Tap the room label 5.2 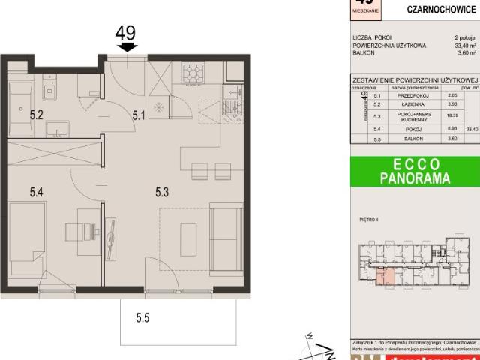click(x=35, y=115)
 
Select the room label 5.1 click(x=139, y=115)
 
